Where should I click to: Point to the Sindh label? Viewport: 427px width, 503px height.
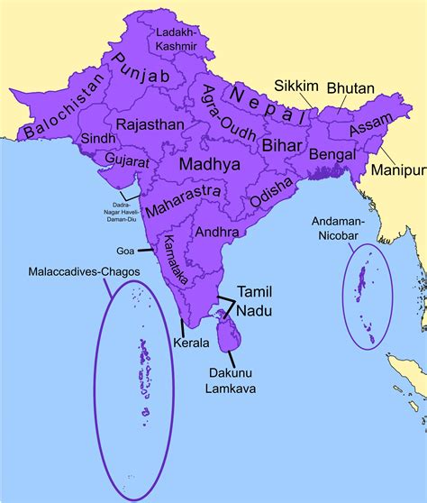[97, 140]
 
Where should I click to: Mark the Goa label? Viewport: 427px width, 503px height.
[126, 251]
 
